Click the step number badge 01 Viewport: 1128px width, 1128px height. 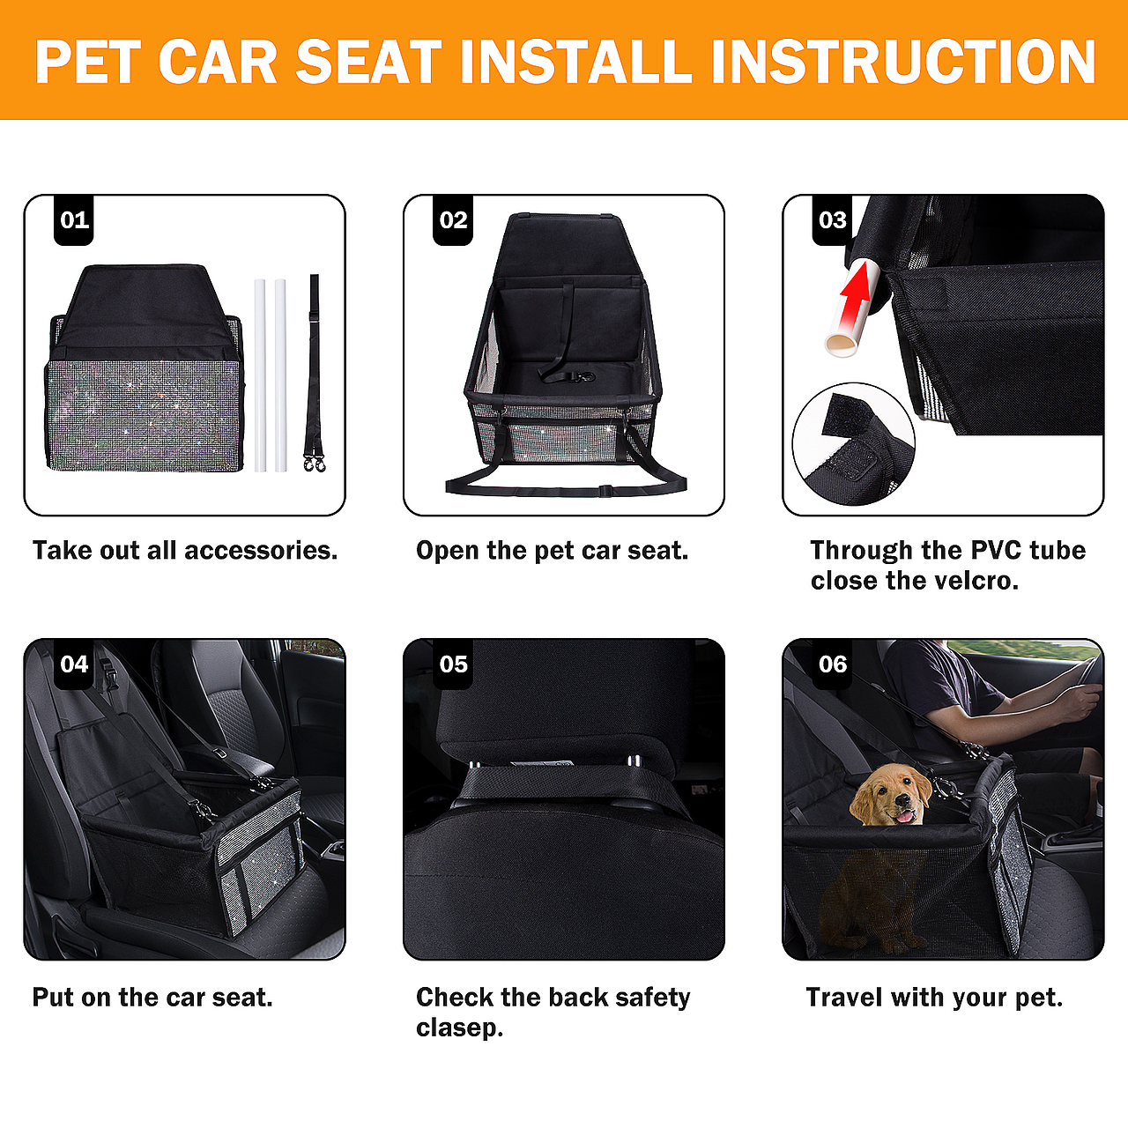(74, 220)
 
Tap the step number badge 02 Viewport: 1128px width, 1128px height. (452, 220)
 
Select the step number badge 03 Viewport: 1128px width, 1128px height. (832, 220)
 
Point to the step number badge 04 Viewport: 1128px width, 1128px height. (74, 664)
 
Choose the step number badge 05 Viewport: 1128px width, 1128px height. (452, 664)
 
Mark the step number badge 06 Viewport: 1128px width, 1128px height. (832, 664)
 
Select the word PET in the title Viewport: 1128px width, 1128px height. (88, 62)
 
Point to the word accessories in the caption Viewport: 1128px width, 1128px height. (261, 551)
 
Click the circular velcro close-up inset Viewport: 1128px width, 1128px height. (853, 444)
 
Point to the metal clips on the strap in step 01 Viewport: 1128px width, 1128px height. (315, 464)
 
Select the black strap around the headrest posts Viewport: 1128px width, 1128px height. (571, 783)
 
